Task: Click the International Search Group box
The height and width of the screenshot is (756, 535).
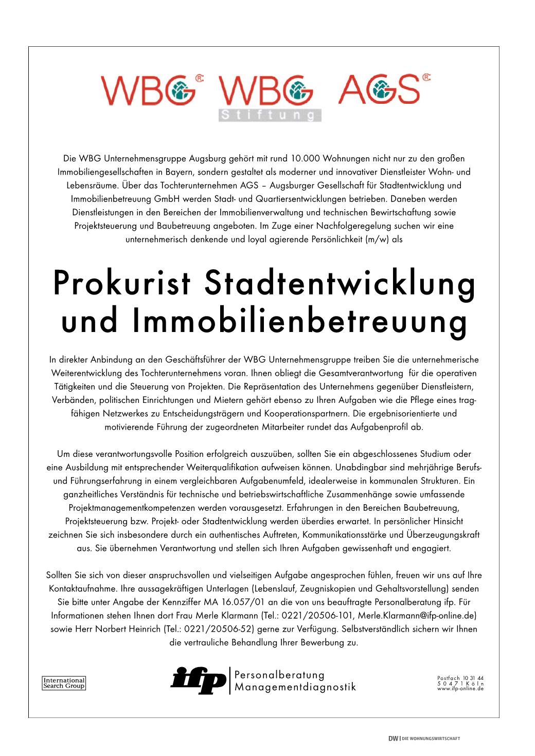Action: click(x=63, y=683)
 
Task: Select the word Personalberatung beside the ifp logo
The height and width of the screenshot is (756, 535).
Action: click(x=279, y=674)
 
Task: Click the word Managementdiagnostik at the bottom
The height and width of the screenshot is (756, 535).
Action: click(x=295, y=687)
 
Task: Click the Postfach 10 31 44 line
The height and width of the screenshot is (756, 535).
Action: click(x=460, y=677)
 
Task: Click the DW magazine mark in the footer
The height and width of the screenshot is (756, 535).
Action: click(x=393, y=739)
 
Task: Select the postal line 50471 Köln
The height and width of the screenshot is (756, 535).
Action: click(x=460, y=683)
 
